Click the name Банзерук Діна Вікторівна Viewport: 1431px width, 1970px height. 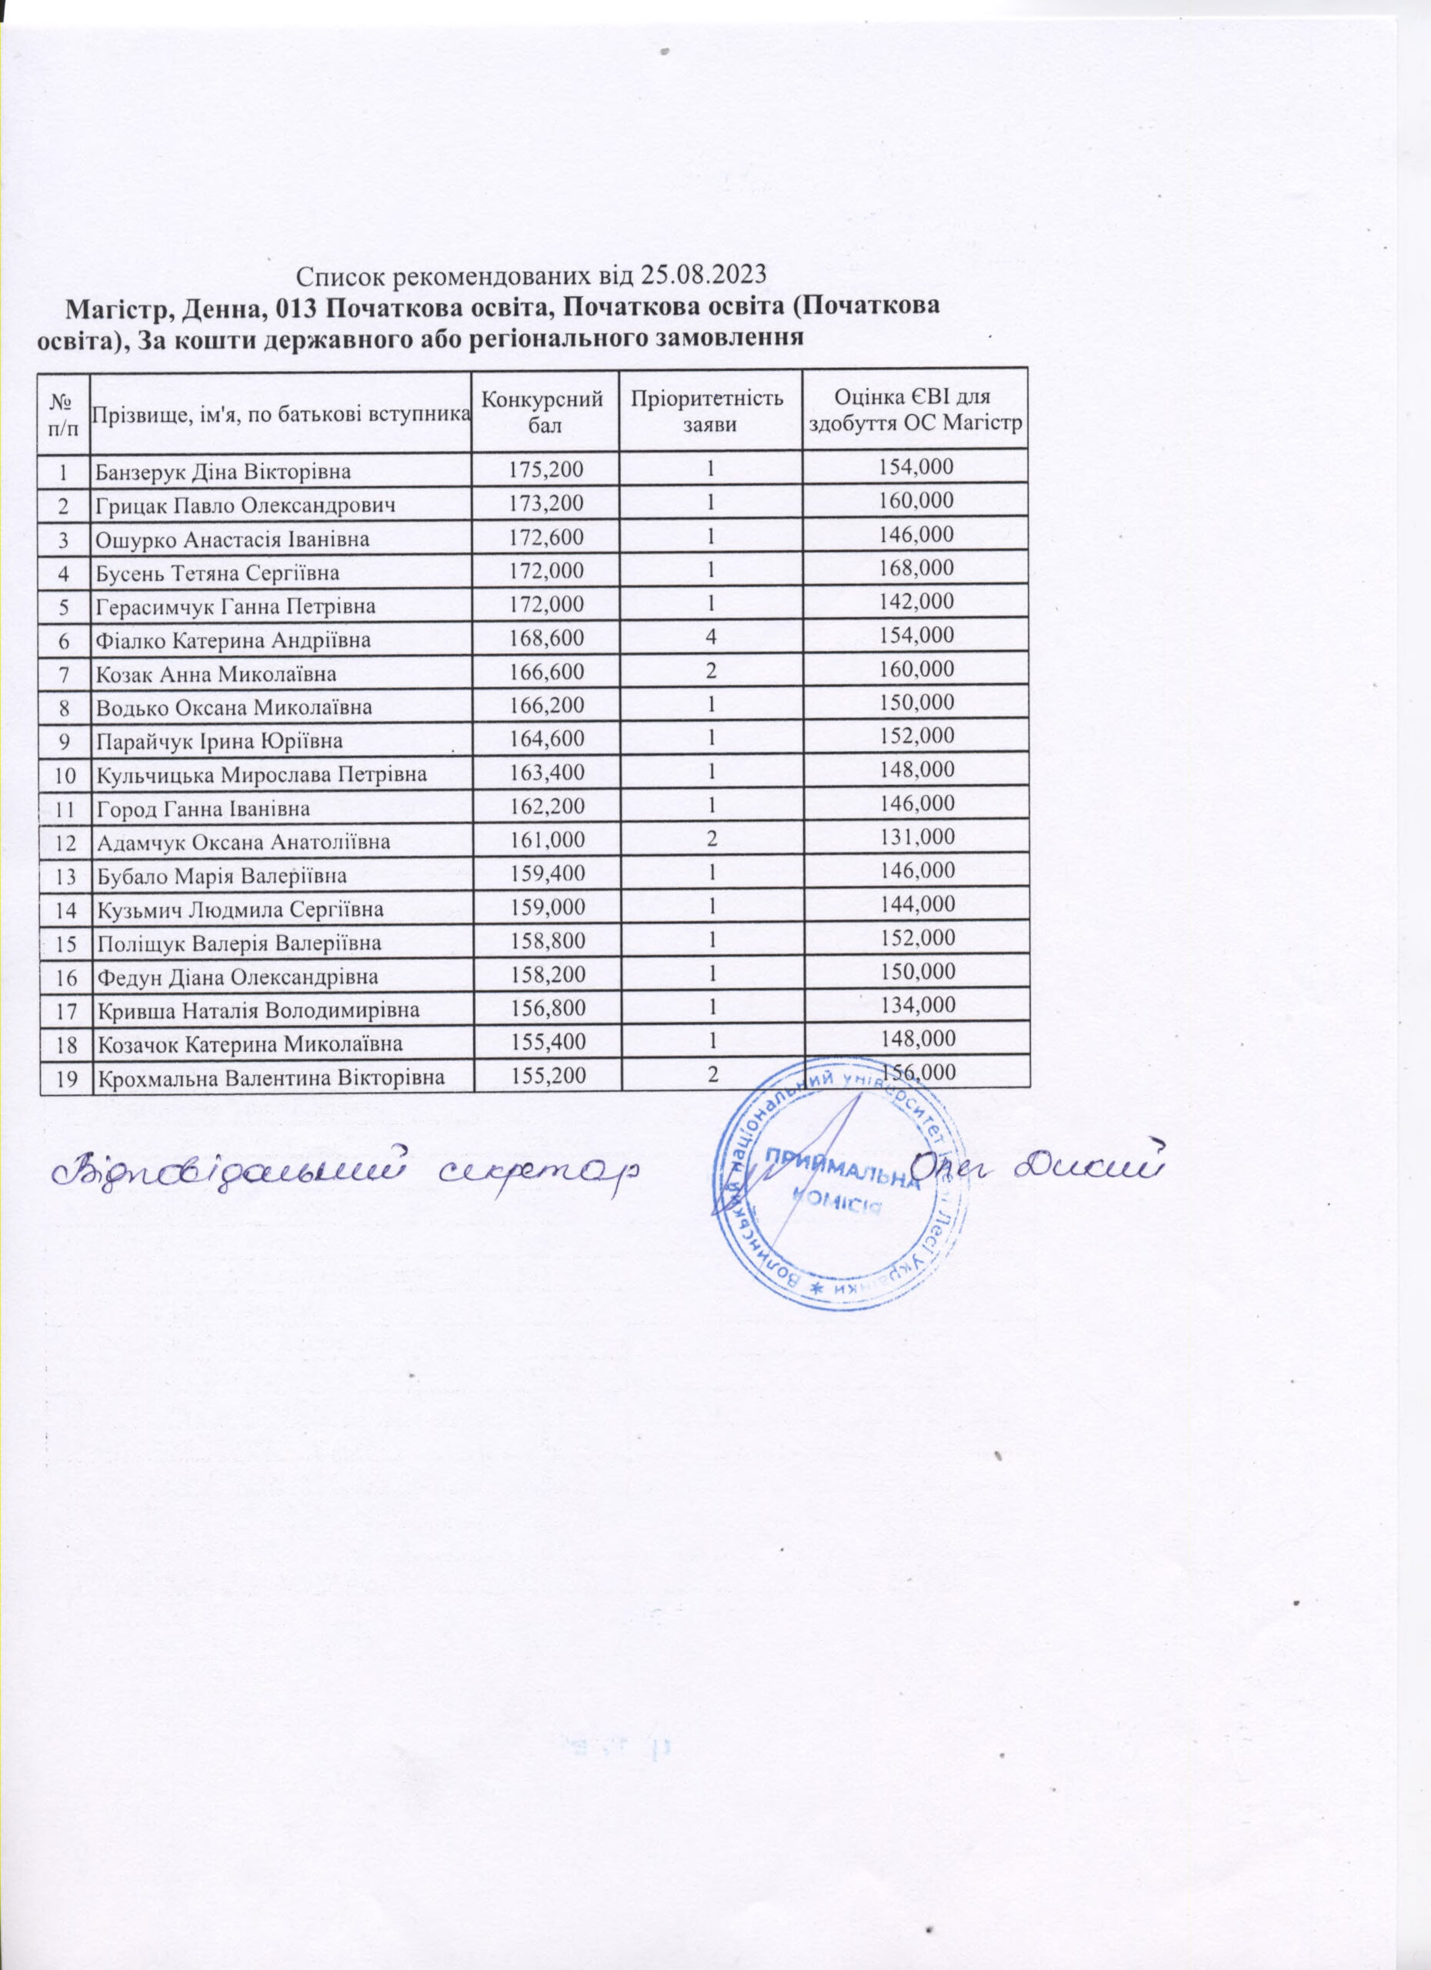(x=223, y=472)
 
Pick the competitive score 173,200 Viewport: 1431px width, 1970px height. (x=545, y=502)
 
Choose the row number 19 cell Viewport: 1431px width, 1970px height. (x=65, y=1078)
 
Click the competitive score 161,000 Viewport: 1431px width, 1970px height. (x=545, y=839)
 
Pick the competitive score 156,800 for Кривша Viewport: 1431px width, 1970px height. (x=545, y=1007)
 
